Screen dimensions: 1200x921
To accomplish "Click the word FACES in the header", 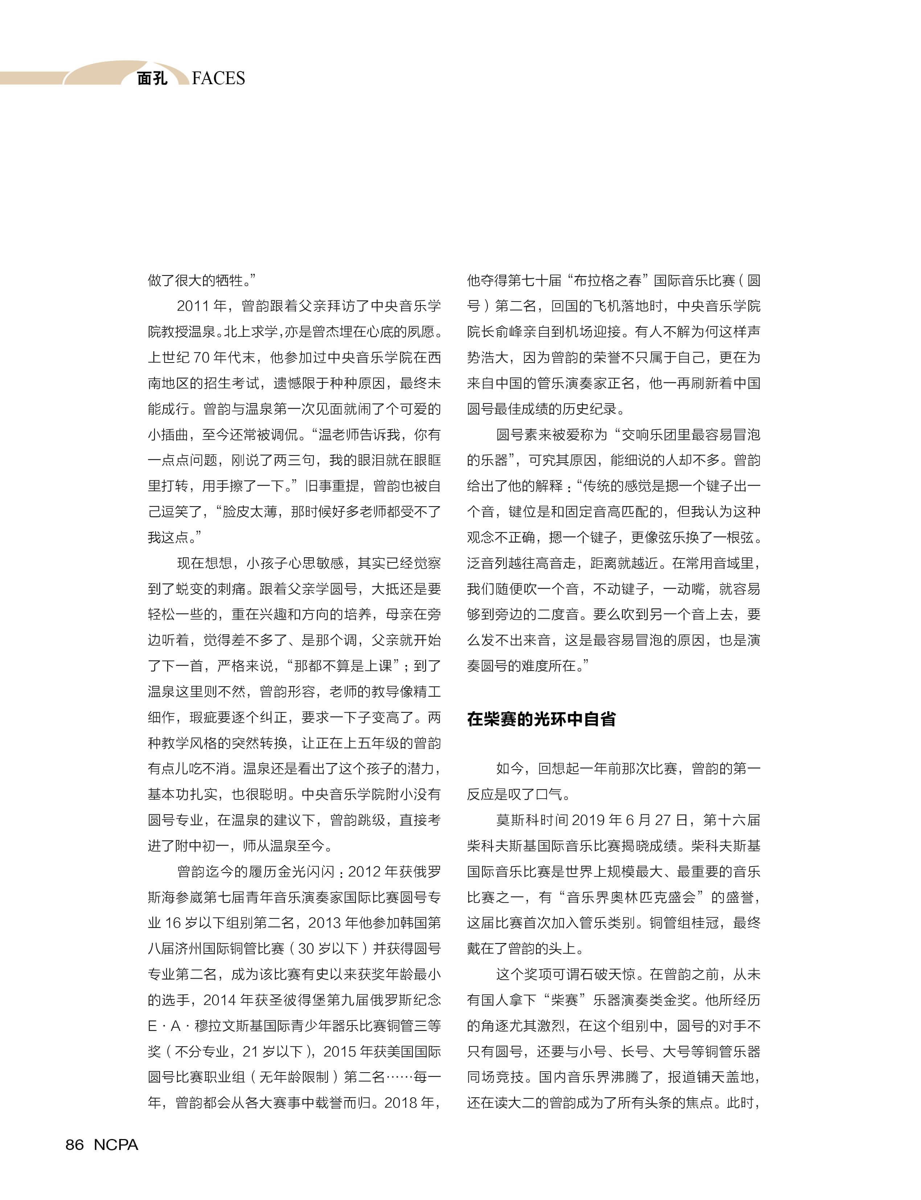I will (x=218, y=78).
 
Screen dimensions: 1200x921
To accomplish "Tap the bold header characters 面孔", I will (x=152, y=78).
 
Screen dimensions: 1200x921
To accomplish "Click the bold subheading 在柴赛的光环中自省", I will (x=541, y=719).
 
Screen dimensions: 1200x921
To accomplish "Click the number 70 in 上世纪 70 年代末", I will (x=201, y=357).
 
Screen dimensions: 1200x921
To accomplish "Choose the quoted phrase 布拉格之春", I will (x=608, y=281).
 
